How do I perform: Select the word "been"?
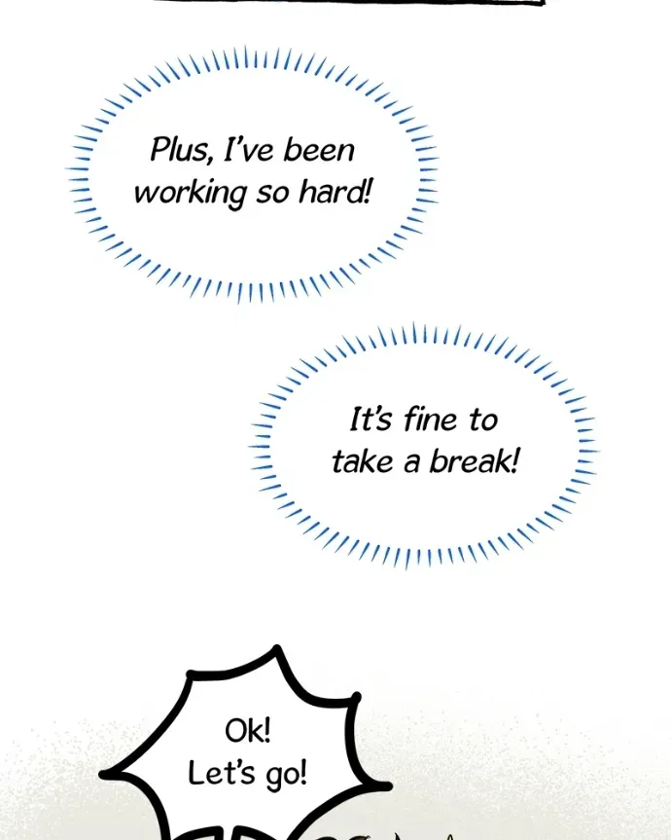click(319, 150)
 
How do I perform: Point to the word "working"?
click(191, 193)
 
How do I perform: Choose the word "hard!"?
click(335, 192)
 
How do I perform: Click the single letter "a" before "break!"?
click(411, 464)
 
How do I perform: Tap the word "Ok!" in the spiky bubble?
click(248, 731)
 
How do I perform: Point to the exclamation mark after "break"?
click(514, 460)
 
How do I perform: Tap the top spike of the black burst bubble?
click(277, 650)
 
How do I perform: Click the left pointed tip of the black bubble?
click(103, 774)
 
